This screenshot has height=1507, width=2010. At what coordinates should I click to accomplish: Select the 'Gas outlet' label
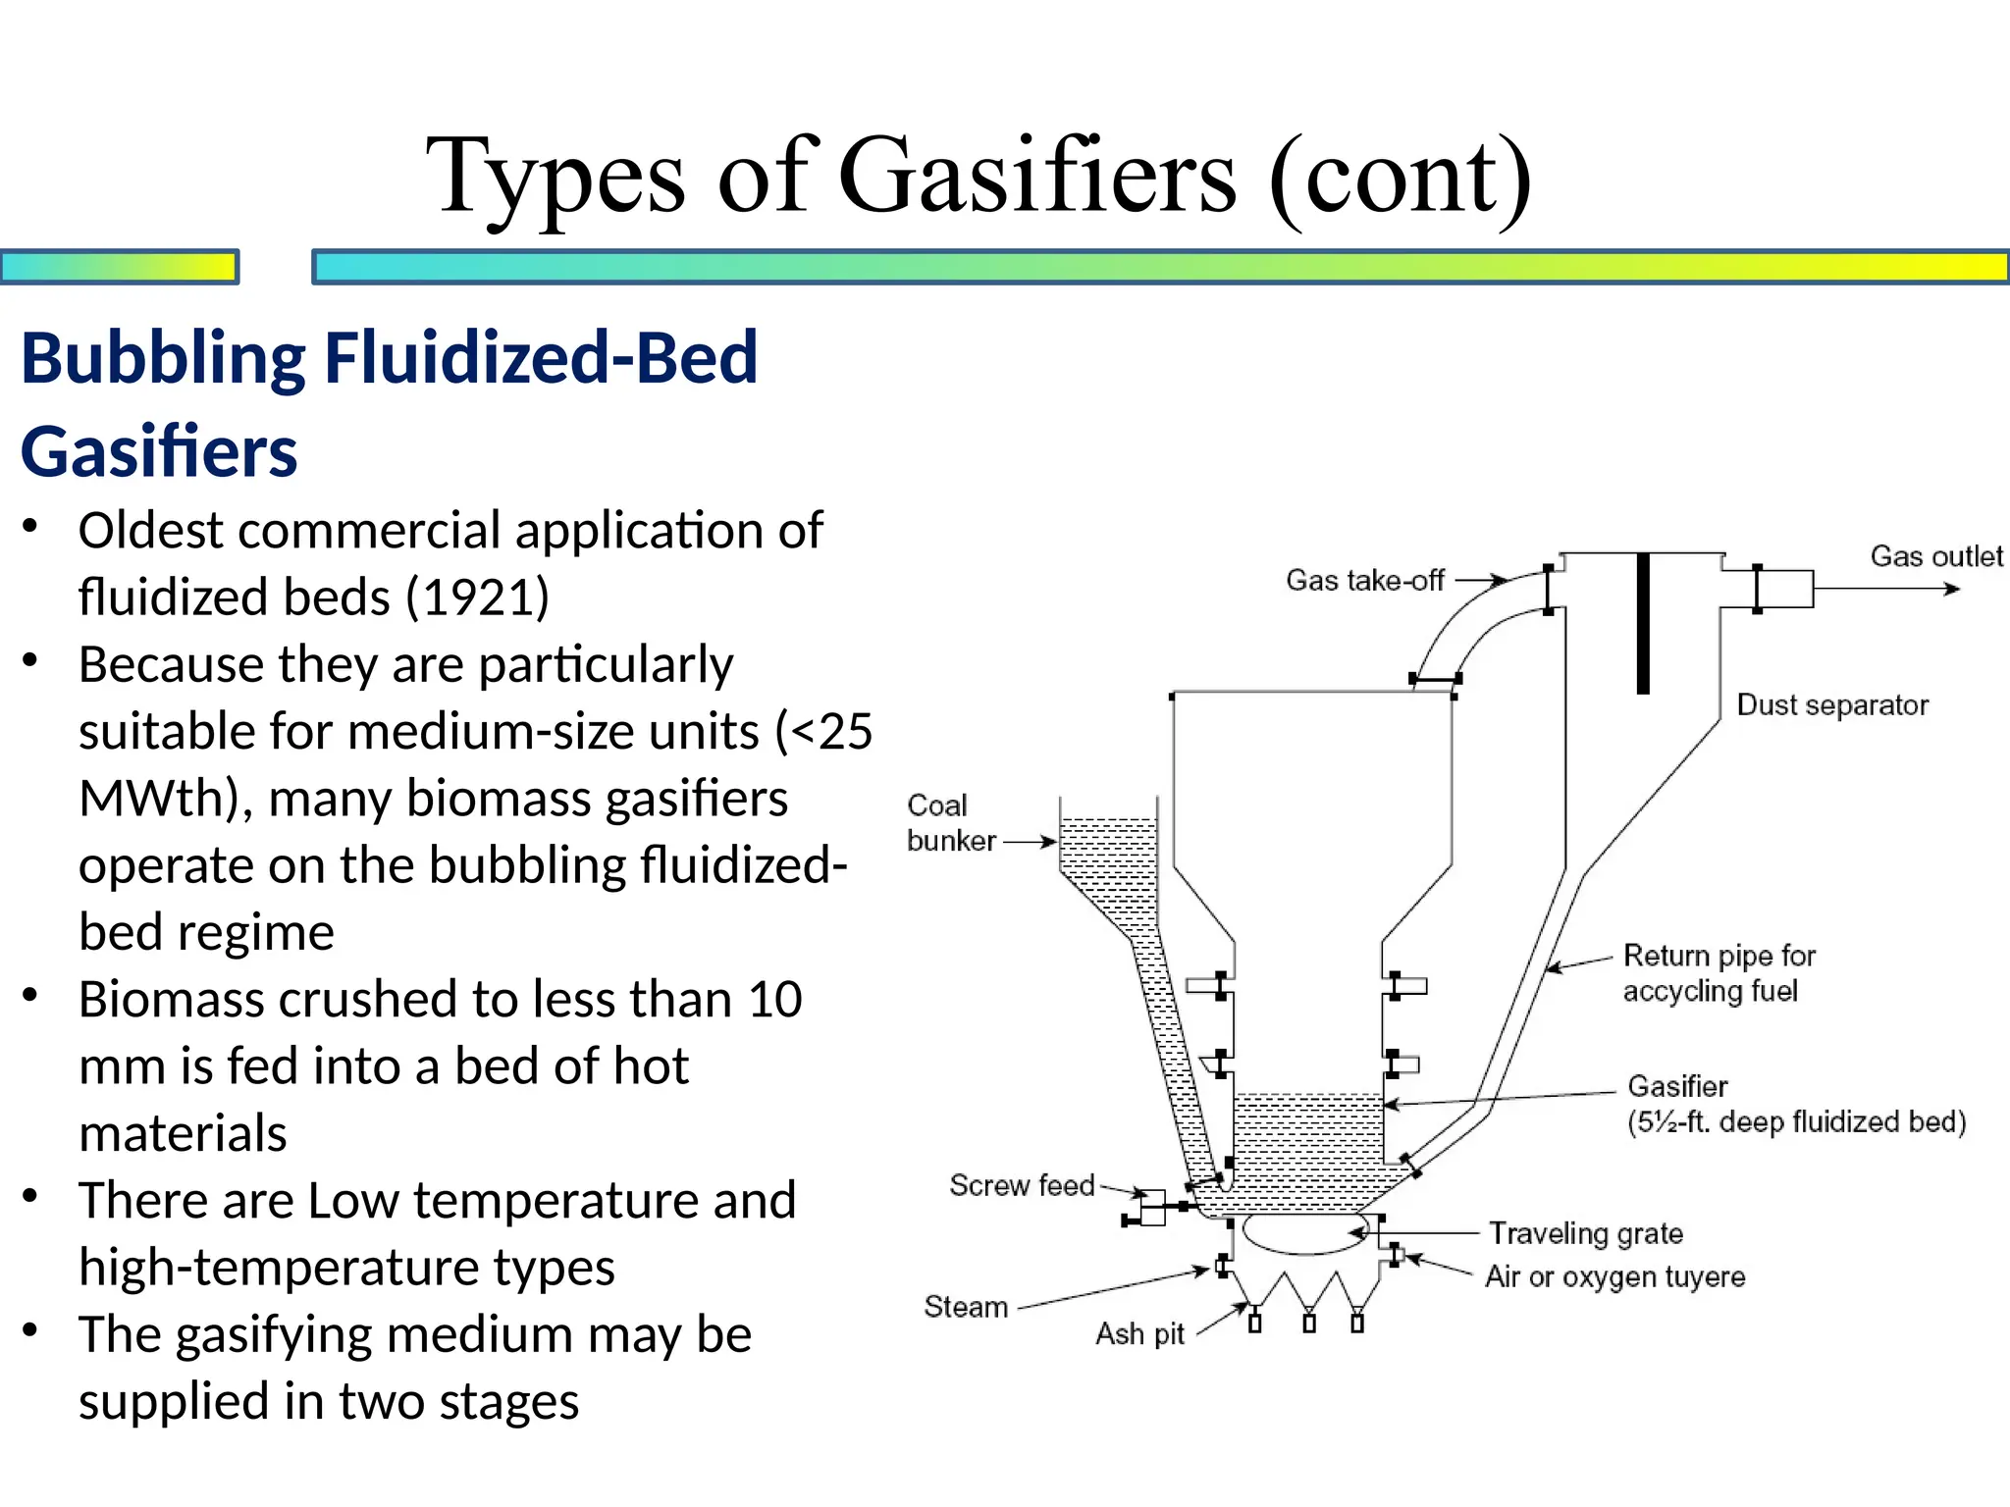click(x=1935, y=556)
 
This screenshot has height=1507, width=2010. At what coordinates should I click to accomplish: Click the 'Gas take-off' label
click(x=1364, y=581)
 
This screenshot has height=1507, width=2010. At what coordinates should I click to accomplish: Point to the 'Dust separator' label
click(x=1831, y=705)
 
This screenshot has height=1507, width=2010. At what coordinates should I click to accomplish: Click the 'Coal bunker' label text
click(x=949, y=823)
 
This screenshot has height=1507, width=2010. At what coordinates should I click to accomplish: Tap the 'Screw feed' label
click(x=1021, y=1185)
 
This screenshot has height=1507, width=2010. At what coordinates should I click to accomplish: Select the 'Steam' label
click(x=966, y=1307)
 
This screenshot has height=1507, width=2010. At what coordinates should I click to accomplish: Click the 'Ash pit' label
click(x=1139, y=1334)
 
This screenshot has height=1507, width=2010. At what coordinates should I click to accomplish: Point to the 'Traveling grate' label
click(x=1585, y=1233)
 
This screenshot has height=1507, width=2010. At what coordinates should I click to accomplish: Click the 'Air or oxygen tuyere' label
click(x=1614, y=1276)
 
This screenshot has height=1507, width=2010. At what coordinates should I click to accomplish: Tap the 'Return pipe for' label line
click(x=1719, y=956)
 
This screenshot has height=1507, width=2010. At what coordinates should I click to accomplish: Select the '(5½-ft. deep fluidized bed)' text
click(x=1796, y=1121)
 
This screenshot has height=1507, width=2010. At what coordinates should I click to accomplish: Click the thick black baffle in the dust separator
click(x=1643, y=624)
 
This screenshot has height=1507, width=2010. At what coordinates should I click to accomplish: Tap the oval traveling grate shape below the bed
click(x=1303, y=1234)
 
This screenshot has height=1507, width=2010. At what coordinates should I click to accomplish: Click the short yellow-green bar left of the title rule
click(x=119, y=267)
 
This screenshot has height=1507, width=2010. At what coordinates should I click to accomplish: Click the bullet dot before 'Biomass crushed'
click(x=30, y=996)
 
